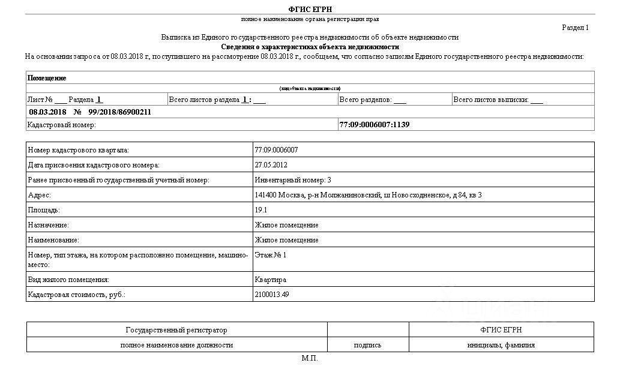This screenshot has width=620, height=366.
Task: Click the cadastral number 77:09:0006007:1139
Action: tap(375, 125)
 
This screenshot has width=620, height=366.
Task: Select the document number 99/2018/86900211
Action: tap(119, 112)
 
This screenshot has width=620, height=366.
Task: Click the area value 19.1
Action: tap(261, 210)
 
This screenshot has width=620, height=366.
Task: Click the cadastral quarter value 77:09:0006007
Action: tap(276, 150)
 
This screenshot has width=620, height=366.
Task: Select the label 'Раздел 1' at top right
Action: tap(575, 28)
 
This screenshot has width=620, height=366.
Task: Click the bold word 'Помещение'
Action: tap(47, 78)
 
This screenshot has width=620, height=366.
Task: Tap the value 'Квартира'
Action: tap(271, 280)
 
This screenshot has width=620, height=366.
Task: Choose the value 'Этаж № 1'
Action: tap(271, 255)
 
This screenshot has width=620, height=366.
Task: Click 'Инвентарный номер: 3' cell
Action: tap(293, 180)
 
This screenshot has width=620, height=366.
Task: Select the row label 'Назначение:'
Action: tap(49, 225)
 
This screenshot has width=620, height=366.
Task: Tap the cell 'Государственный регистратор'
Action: tap(176, 330)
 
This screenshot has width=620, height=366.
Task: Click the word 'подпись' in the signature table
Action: tap(368, 345)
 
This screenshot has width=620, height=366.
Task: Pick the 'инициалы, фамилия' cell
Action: tap(501, 345)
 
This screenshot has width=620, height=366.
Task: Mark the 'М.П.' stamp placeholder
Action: tap(310, 358)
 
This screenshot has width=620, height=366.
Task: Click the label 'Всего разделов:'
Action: tap(365, 100)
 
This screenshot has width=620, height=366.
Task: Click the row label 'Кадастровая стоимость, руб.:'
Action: tap(77, 295)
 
